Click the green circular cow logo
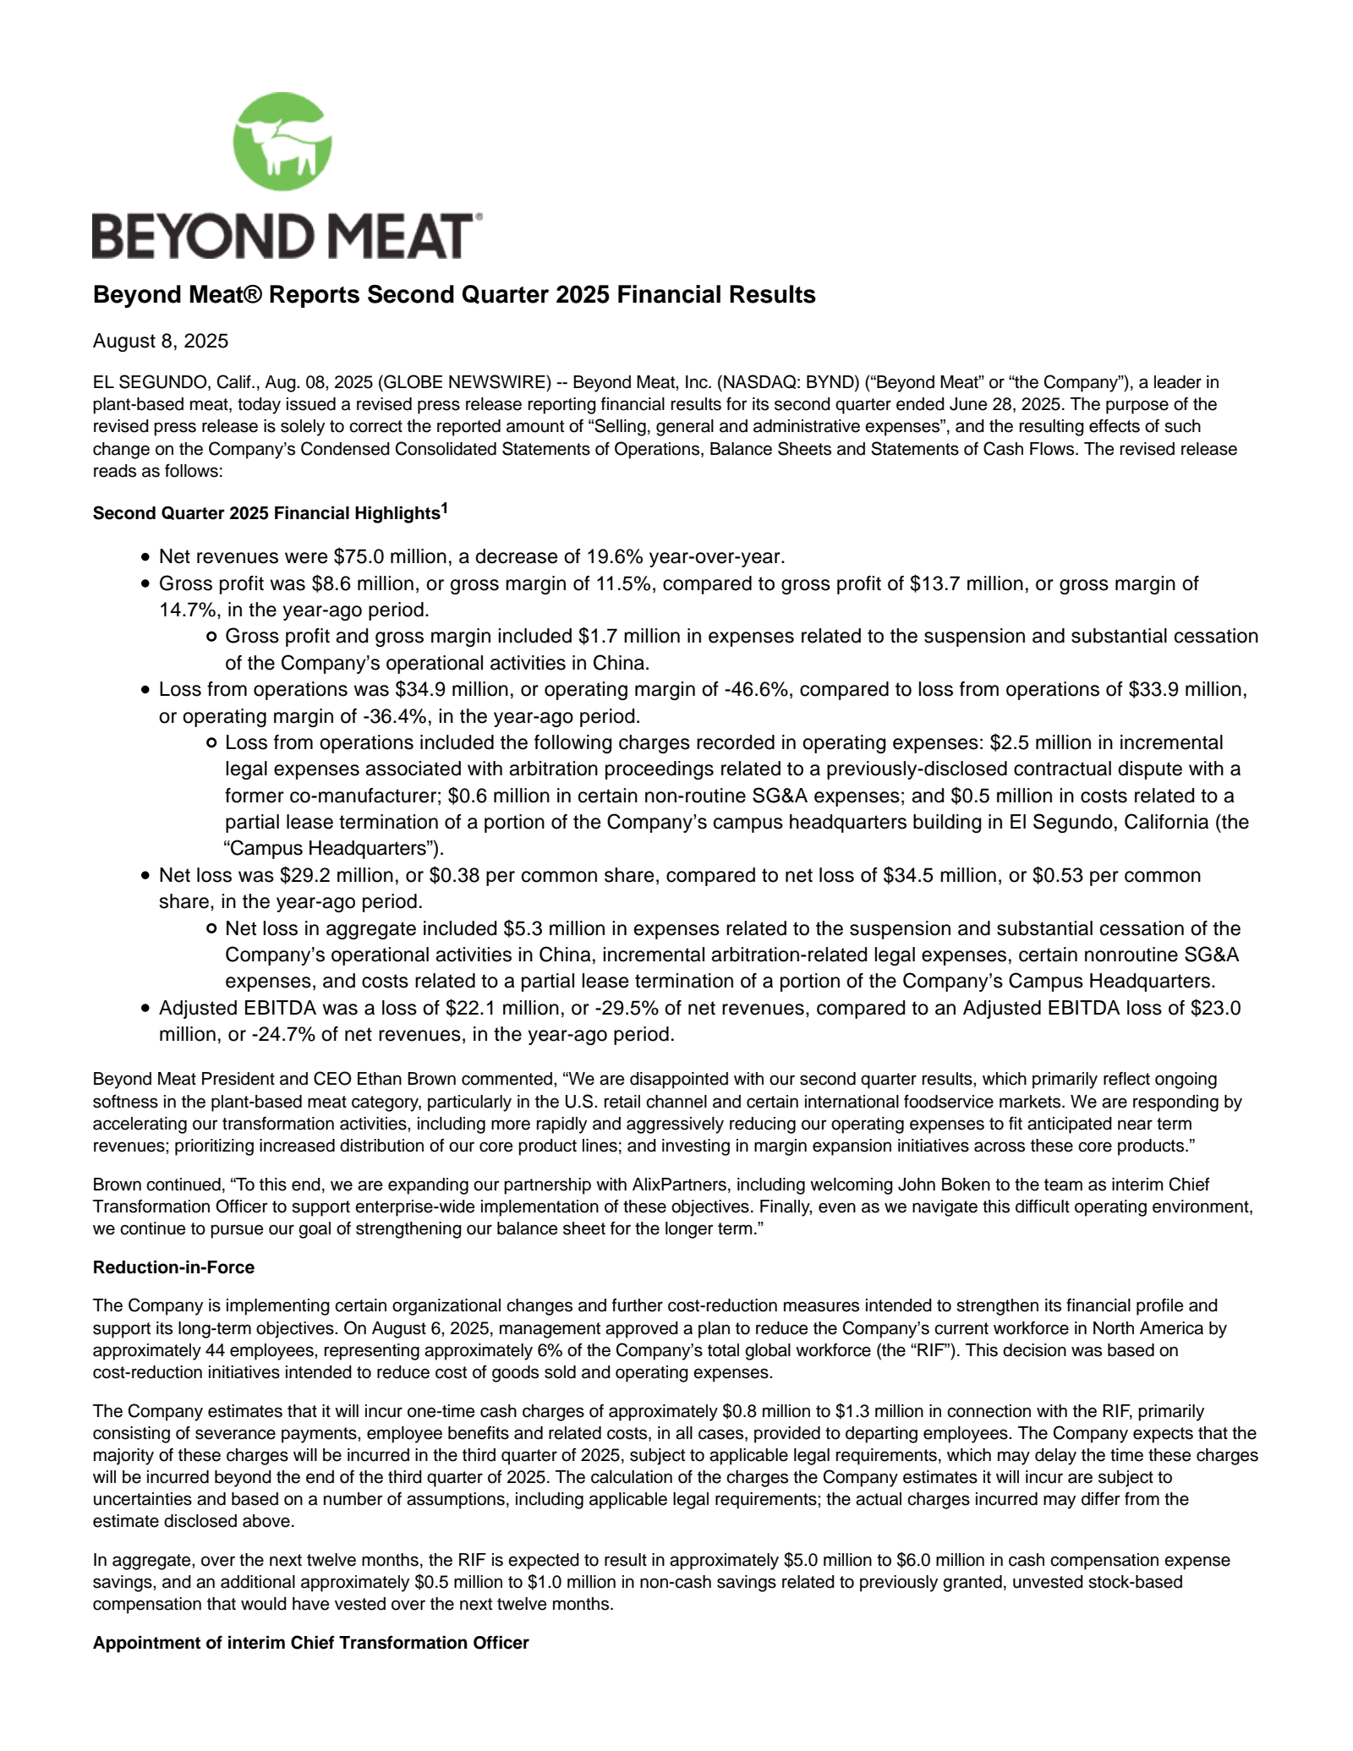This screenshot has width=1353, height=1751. [x=282, y=141]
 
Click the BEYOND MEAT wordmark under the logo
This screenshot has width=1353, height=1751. [x=287, y=236]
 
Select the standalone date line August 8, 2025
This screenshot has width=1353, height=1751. [x=161, y=341]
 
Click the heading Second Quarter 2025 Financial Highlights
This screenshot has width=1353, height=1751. [x=266, y=513]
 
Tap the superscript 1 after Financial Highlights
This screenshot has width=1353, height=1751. [x=445, y=508]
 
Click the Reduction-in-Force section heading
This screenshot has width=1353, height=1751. [x=173, y=1267]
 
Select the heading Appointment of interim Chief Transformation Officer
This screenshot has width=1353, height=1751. [x=310, y=1643]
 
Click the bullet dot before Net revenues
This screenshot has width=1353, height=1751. [x=146, y=557]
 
